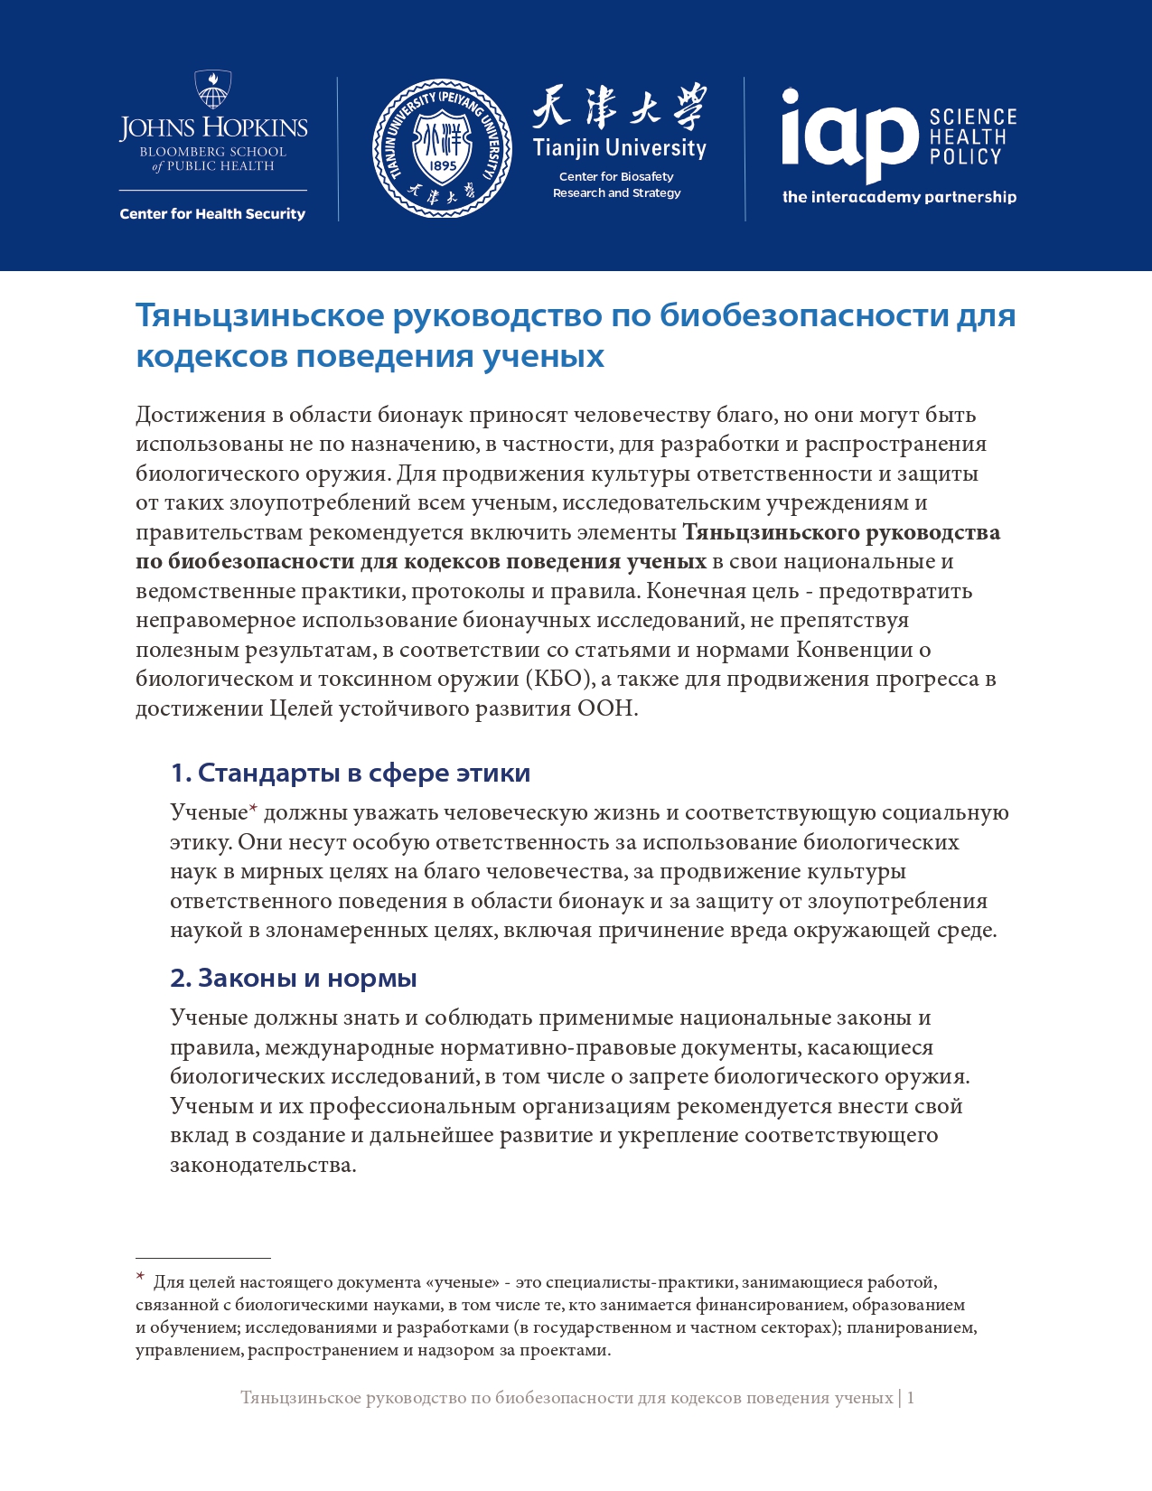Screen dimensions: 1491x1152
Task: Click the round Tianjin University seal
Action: (443, 148)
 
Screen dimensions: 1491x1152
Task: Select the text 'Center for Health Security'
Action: (212, 214)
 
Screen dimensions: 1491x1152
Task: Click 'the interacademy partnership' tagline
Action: (899, 197)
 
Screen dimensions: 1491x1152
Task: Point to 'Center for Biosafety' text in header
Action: (616, 177)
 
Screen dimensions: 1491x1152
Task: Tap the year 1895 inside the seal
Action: (443, 165)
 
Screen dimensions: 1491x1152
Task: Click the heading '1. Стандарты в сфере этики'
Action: (351, 774)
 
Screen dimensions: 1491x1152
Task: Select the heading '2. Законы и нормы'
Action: (294, 979)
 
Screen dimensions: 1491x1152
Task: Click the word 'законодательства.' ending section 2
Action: (263, 1165)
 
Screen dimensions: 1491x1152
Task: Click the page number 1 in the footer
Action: (911, 1398)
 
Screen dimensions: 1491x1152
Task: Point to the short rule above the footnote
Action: (203, 1258)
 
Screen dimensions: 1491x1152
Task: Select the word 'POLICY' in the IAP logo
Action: (966, 157)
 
